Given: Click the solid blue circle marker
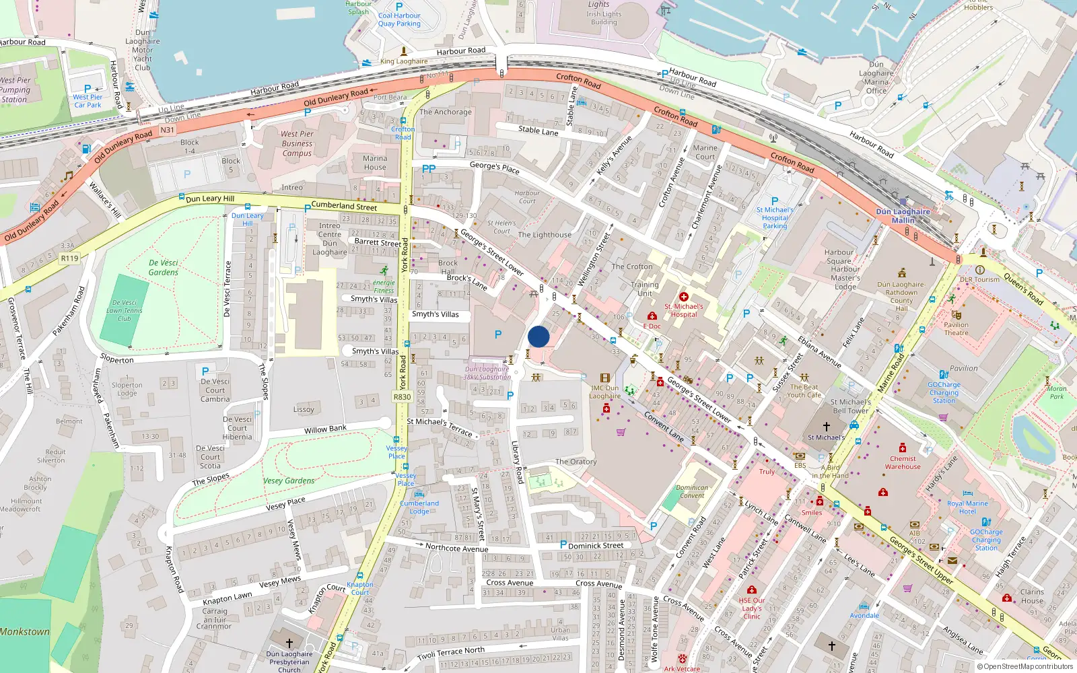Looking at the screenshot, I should click(538, 336).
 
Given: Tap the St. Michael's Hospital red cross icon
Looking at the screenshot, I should click(684, 297).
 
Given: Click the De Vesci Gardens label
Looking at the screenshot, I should click(164, 268).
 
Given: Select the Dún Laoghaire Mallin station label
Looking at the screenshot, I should click(903, 216).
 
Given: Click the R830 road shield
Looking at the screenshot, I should click(402, 397).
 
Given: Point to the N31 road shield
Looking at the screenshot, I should click(168, 130).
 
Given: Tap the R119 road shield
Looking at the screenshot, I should click(69, 258).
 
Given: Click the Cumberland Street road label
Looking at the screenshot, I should click(344, 205).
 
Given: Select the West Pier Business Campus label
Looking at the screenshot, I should click(297, 143).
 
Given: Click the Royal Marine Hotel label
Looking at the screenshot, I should click(967, 507).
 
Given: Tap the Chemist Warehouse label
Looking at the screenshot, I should click(903, 462).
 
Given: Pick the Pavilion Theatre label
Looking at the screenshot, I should click(956, 328).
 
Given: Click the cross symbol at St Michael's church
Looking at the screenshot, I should click(827, 426).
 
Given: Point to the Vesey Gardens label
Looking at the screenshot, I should click(289, 481).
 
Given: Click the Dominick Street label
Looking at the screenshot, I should click(596, 546).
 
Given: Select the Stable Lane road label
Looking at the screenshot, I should click(538, 131).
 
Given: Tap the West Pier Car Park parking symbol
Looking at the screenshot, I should click(88, 88).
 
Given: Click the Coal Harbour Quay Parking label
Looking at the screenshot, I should click(399, 20).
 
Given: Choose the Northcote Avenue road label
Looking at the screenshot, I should click(456, 548).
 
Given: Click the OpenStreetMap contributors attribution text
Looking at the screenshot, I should click(1028, 667).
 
